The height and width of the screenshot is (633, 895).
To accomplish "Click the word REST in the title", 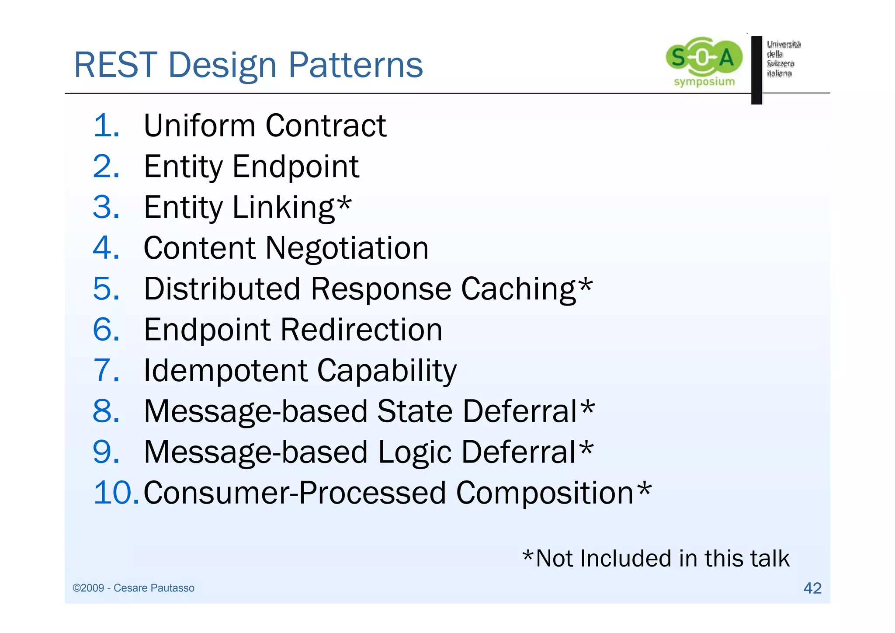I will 115,65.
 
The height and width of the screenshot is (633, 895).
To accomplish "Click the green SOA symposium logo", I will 704,61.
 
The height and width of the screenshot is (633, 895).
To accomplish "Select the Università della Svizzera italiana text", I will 783,59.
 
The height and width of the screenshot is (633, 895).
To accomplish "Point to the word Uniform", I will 199,126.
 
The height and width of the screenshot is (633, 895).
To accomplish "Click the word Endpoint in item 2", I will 295,167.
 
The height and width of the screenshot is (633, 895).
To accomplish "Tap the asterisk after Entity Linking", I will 344,203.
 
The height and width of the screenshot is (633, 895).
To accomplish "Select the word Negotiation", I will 347,248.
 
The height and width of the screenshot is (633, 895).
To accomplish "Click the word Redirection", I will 361,330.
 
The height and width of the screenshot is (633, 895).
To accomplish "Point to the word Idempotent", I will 225,371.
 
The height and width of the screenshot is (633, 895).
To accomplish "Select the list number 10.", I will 115,493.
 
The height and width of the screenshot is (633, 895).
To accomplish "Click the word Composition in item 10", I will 545,493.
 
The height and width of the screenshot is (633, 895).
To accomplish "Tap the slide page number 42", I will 812,588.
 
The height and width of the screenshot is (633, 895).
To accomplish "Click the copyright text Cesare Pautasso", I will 153,588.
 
